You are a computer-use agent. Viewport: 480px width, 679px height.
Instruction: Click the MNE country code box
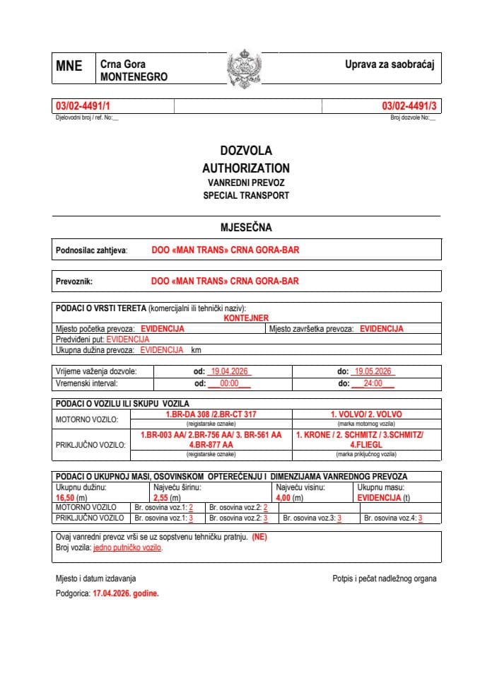(69, 66)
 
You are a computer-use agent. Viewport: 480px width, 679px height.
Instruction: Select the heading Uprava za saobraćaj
(389, 64)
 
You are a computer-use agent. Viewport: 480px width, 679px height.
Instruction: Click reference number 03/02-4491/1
(83, 106)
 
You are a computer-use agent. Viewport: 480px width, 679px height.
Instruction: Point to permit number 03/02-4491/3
(409, 106)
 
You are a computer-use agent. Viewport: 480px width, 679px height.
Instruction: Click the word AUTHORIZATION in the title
(246, 168)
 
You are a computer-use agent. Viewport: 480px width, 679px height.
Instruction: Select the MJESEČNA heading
(246, 228)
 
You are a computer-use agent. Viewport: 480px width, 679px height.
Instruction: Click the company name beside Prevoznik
(225, 281)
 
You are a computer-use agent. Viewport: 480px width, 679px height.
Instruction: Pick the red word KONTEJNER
(246, 319)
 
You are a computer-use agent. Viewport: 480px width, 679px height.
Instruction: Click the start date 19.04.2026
(227, 371)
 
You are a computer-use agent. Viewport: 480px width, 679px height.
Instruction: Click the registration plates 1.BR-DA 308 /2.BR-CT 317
(210, 414)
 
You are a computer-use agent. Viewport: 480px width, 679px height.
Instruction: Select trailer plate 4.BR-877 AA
(211, 446)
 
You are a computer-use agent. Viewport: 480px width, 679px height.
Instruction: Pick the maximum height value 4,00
(285, 498)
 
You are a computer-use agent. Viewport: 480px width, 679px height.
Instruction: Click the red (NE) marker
(259, 537)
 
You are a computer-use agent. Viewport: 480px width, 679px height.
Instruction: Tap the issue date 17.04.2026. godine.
(126, 594)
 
